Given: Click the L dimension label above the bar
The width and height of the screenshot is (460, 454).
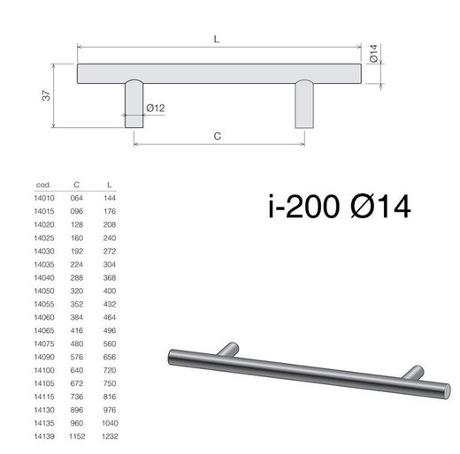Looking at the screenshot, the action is pyautogui.click(x=217, y=39).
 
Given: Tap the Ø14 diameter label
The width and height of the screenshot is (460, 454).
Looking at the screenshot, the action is pyautogui.click(x=373, y=53).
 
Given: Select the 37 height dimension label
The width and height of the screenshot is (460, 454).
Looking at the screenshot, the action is pyautogui.click(x=46, y=95).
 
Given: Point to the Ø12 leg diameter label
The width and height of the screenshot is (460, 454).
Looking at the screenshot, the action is pyautogui.click(x=156, y=108).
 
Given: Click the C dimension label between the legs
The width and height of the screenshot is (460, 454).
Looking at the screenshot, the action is pyautogui.click(x=218, y=136).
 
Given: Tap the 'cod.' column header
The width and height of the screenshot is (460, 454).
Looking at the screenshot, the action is pyautogui.click(x=43, y=185).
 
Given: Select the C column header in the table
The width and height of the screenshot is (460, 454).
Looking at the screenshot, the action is pyautogui.click(x=77, y=185).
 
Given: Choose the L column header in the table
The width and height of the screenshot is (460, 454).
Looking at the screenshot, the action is pyautogui.click(x=109, y=185).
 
